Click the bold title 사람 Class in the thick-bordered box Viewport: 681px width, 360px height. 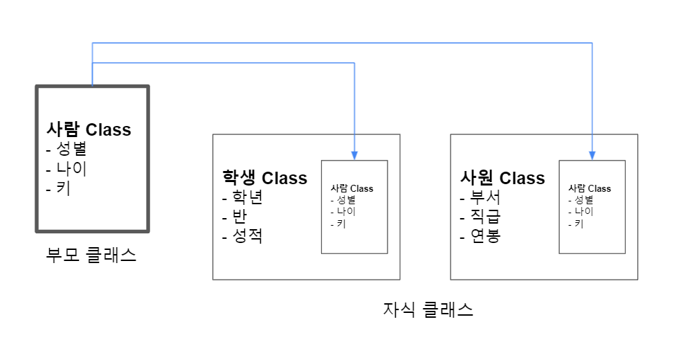[89, 129]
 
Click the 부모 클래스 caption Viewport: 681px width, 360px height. [91, 255]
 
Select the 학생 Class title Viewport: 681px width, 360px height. [264, 179]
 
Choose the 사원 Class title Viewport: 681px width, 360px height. [502, 179]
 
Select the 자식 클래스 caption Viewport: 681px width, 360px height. [428, 309]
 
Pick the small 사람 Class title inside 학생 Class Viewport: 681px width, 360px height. [352, 188]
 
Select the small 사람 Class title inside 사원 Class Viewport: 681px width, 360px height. [590, 188]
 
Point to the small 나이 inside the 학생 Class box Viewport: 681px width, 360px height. [344, 212]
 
